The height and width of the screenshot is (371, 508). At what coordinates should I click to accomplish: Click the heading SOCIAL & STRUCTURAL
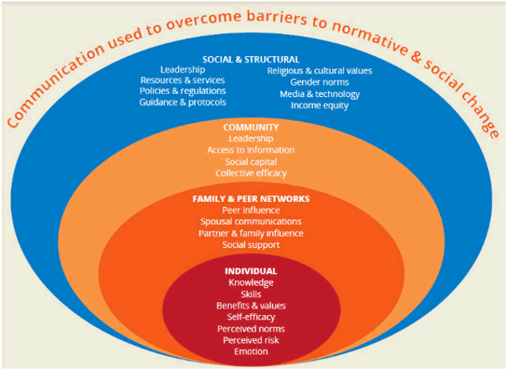pos(251,59)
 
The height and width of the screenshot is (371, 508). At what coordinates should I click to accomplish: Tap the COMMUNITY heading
pos(251,127)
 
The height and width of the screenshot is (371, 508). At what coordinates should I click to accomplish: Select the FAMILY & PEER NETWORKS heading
pos(251,199)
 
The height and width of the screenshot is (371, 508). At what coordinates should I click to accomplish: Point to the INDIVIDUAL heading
pos(251,271)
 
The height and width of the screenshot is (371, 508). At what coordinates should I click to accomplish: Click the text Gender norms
pos(319,82)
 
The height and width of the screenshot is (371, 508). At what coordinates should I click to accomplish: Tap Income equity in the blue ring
pos(319,105)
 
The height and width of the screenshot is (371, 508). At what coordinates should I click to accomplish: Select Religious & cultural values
pos(319,71)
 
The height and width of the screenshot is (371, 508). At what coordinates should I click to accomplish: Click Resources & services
pos(182,81)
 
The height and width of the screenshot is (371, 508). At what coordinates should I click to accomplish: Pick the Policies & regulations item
pos(182,92)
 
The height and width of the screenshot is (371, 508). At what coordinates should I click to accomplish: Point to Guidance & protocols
pos(182,103)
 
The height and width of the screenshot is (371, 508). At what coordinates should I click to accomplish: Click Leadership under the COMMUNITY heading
pos(251,138)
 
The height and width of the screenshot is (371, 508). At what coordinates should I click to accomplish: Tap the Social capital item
pos(251,161)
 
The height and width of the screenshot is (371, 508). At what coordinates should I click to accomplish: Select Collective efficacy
pos(251,173)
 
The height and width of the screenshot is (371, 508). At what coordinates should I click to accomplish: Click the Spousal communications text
pos(251,222)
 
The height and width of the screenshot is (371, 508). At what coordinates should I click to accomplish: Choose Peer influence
pos(251,211)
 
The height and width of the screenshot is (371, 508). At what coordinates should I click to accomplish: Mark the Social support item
pos(251,245)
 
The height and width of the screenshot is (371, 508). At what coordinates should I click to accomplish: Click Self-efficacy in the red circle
pos(251,317)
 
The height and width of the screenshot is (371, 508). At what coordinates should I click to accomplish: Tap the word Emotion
pos(251,351)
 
